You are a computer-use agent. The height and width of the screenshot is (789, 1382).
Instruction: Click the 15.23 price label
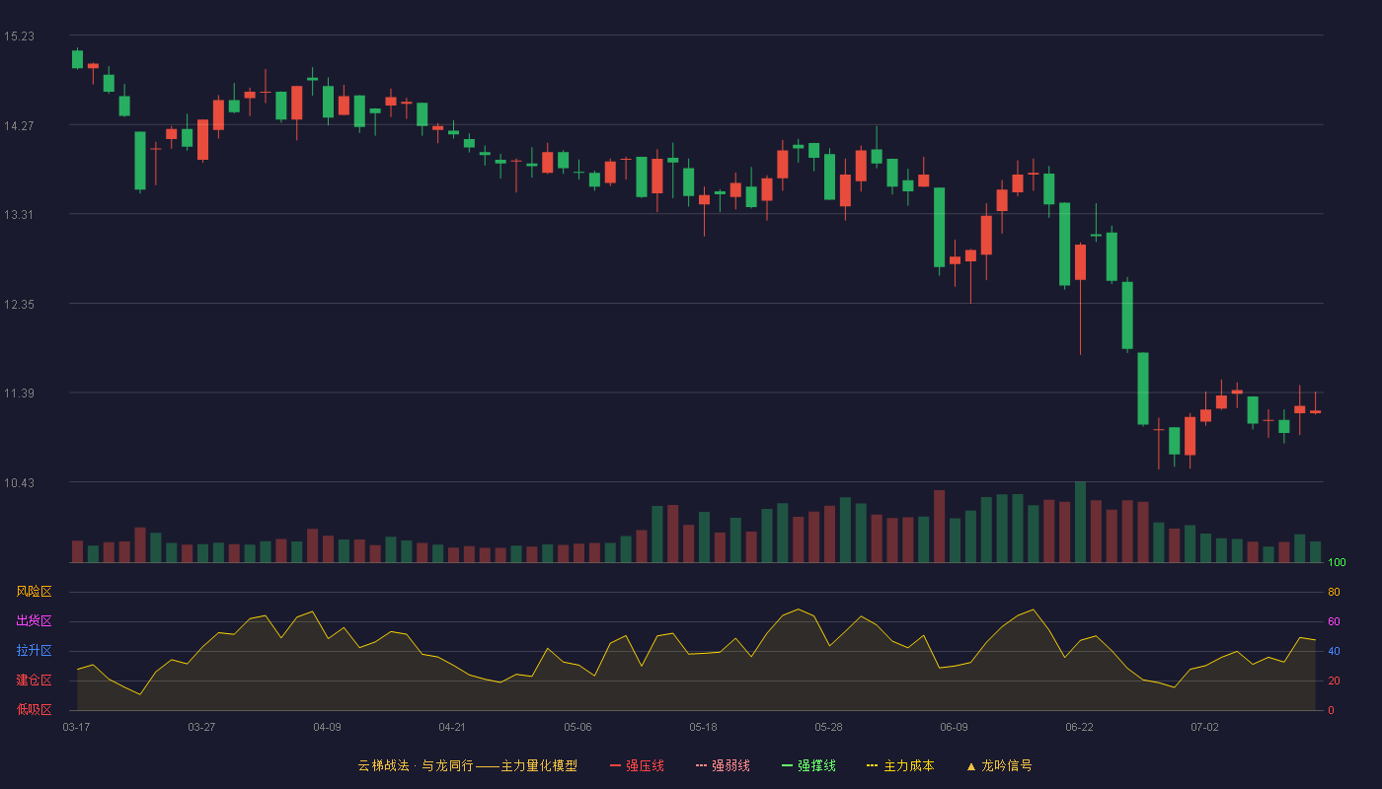(x=19, y=36)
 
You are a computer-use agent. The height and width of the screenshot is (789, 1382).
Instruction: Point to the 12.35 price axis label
(x=19, y=305)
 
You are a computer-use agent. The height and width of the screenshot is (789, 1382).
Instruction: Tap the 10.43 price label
(x=19, y=483)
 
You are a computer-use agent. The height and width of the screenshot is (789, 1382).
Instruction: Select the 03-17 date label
(x=77, y=728)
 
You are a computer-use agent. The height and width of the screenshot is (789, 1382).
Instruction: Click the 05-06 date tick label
(x=577, y=728)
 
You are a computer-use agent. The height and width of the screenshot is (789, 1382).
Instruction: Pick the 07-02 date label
(x=1204, y=728)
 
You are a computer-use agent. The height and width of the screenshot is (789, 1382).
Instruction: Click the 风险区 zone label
(x=34, y=592)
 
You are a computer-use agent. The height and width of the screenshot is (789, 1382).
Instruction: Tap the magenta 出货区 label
(x=34, y=620)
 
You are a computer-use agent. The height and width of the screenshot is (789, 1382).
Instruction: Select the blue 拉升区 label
(x=34, y=650)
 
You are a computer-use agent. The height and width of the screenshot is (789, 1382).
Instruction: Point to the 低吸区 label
(x=34, y=709)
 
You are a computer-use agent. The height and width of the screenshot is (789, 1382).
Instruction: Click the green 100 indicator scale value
(x=1337, y=562)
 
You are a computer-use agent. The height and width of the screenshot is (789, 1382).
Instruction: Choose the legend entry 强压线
(x=637, y=766)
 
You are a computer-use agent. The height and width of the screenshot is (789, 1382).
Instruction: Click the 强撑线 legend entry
(x=808, y=766)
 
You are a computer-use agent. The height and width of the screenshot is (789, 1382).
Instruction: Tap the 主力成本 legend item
(x=900, y=766)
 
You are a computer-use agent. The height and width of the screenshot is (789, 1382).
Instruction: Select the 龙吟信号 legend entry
(x=999, y=766)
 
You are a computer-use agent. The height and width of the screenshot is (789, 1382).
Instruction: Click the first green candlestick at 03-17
(x=77, y=59)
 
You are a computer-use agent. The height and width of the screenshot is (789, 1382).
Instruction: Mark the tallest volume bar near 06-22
(x=1080, y=522)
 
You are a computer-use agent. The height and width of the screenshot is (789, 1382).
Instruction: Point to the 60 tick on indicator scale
(x=1334, y=621)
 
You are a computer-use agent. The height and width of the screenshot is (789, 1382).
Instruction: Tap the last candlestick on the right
(x=1315, y=411)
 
